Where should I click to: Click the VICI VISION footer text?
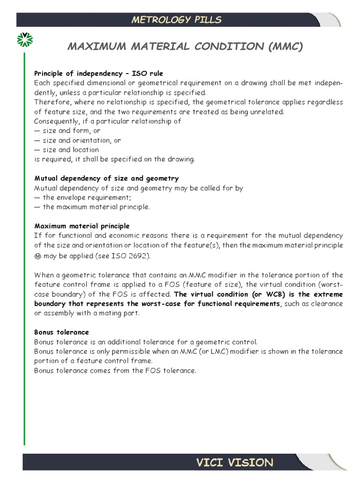pos(234,463)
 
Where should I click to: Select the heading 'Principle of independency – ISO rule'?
pos(98,74)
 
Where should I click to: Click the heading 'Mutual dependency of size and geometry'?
pos(106,179)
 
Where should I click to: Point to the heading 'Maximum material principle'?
pos(82,226)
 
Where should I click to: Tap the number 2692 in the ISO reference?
pos(139,256)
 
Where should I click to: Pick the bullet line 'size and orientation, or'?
pos(82,140)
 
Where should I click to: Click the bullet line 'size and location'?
pos(71,150)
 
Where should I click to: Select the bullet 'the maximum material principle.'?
pos(97,207)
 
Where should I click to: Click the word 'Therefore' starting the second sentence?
pos(50,102)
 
